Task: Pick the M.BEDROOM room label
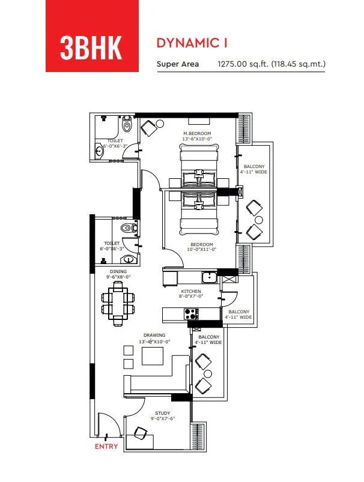point(195,133)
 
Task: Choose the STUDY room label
point(162,413)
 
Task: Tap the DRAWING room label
point(154,335)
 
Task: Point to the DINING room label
point(118,271)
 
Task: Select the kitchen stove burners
point(191,313)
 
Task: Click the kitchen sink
point(209,277)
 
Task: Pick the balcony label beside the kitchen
point(238,315)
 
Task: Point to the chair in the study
point(142,433)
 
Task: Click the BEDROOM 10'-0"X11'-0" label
point(202,247)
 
